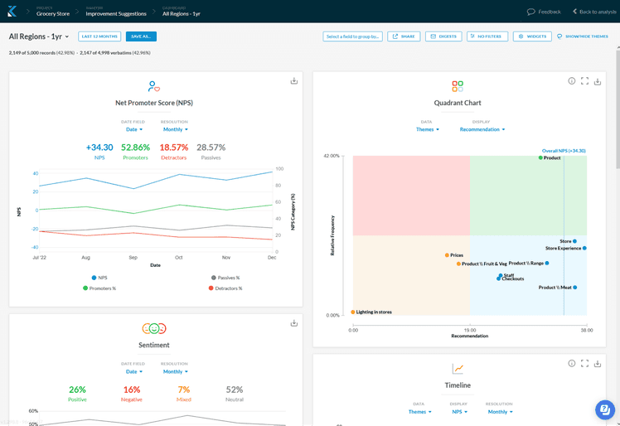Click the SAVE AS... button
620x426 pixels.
pos(142,36)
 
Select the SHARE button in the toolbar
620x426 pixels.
pos(404,36)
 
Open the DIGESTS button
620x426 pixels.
pos(443,36)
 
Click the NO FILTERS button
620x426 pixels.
pos(487,36)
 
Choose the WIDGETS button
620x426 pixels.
pos(531,36)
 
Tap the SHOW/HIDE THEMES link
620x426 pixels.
pos(583,36)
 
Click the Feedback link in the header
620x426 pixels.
pos(544,12)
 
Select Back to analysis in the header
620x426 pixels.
pos(594,12)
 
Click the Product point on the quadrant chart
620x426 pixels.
pos(540,157)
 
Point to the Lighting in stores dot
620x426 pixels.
pos(353,312)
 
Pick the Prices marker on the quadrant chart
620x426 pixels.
pos(447,255)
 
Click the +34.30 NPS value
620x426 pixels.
pos(99,148)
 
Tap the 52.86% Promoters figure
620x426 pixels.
pos(135,148)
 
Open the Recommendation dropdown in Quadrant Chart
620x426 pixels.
pos(482,129)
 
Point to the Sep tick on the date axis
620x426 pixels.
pos(133,258)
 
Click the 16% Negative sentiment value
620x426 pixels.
pos(131,390)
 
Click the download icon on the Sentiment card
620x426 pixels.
pos(294,323)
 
